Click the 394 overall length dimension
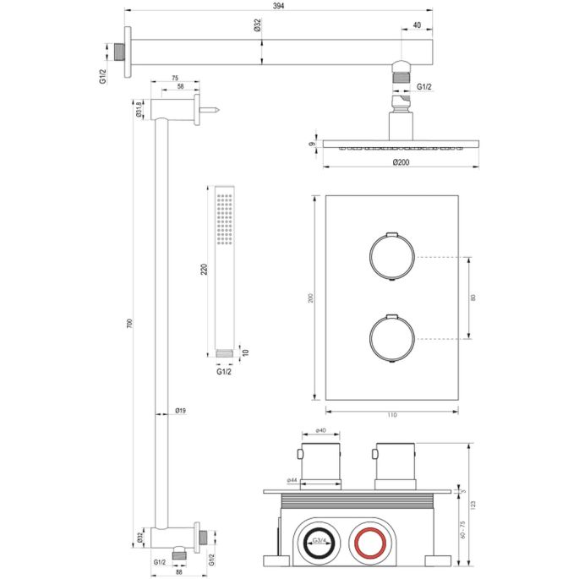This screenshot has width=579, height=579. (278, 6)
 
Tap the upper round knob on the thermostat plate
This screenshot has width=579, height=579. (391, 255)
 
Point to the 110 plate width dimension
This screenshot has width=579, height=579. (391, 414)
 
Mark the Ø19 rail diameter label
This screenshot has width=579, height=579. (180, 411)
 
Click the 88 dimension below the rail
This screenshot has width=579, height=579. (179, 572)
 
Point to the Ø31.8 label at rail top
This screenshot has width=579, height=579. (139, 110)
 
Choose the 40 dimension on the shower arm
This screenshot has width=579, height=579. (417, 25)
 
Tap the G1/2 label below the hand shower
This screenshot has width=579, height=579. (224, 371)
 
